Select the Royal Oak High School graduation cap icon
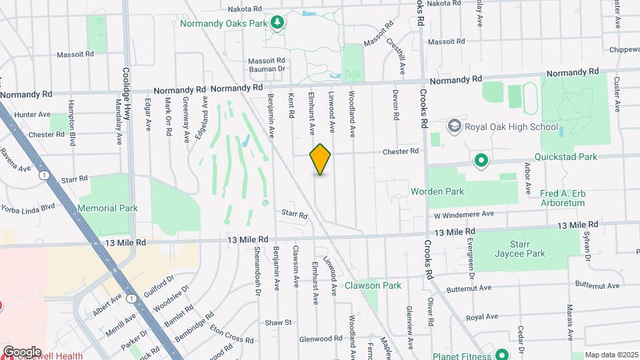[454, 126]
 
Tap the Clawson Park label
[373, 285]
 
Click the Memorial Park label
[107, 208]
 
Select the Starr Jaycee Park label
[519, 249]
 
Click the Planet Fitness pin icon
[499, 354]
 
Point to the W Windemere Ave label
[463, 214]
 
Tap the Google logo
[22, 351]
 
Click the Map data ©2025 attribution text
[611, 355]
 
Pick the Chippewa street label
[625, 50]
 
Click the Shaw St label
[279, 323]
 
